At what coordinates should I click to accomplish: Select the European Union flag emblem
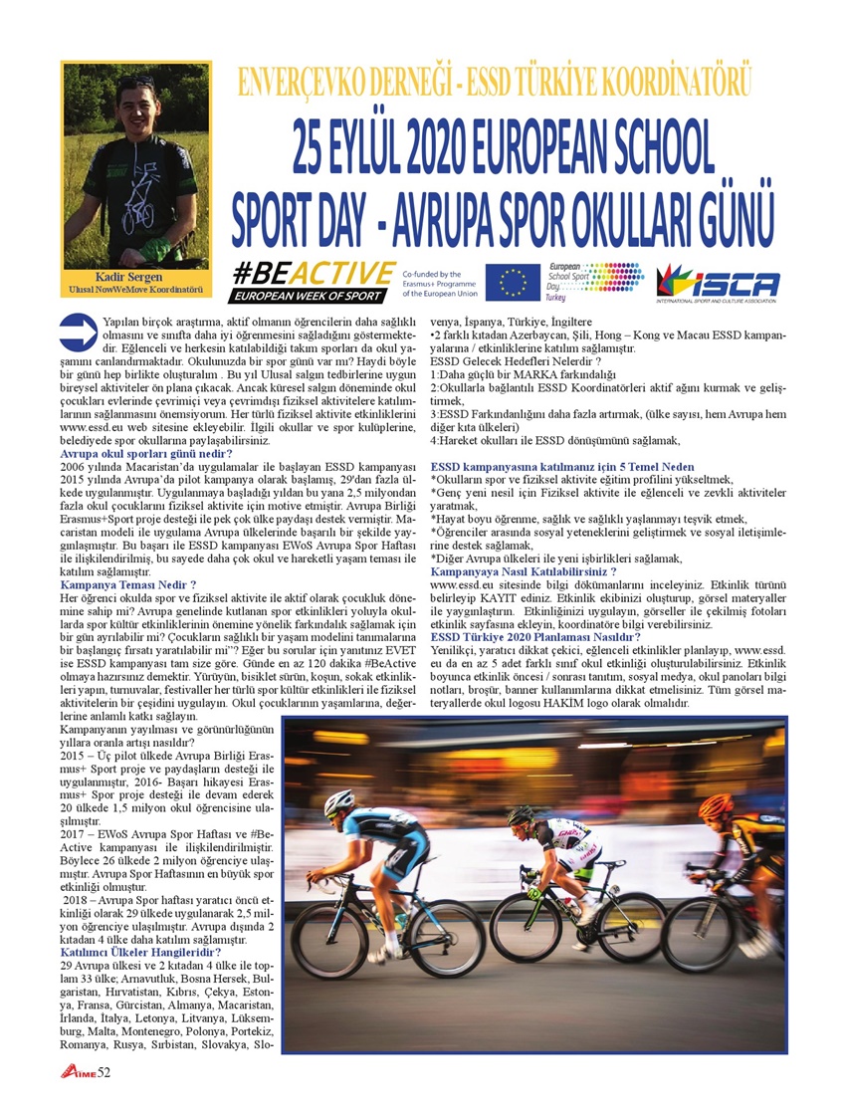coord(513,282)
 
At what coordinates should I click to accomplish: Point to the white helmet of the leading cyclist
coord(338,799)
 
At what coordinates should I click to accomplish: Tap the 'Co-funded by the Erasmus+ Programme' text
coord(439,284)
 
